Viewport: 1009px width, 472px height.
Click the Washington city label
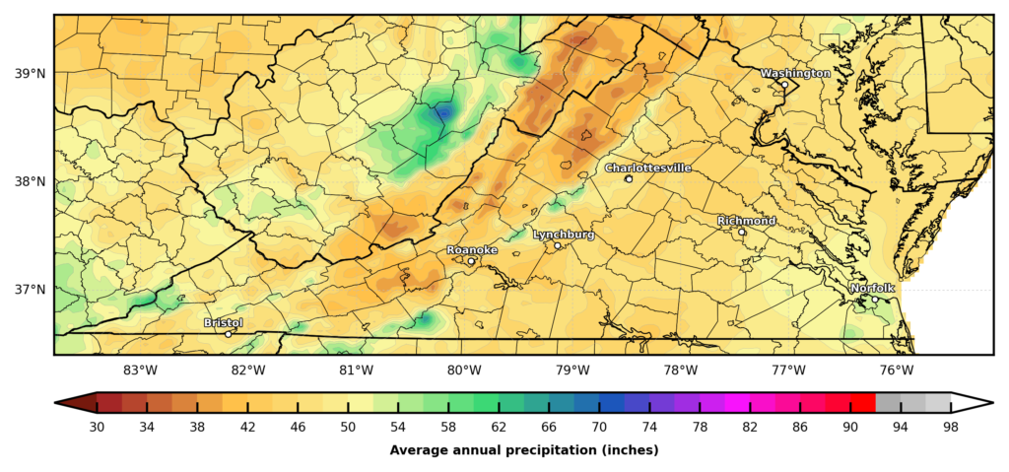coord(795,73)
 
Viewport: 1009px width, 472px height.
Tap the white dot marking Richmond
coord(742,232)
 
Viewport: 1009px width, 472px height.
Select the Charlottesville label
coord(647,169)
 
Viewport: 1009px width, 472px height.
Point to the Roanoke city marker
coord(471,261)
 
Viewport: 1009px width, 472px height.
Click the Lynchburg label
coord(563,235)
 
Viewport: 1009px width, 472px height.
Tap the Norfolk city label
coord(872,288)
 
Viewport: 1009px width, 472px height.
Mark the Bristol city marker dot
coord(229,334)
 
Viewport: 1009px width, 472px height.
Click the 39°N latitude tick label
coord(31,74)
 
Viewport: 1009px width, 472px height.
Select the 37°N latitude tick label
coord(31,290)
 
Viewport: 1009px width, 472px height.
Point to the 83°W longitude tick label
coord(140,371)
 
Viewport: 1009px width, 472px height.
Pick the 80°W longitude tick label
coord(464,371)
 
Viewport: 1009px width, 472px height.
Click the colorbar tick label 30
coord(97,427)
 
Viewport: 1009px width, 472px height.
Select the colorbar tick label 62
coord(498,427)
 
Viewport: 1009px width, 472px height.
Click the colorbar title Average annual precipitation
coord(523,450)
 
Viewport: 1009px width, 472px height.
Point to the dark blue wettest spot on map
coord(442,113)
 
